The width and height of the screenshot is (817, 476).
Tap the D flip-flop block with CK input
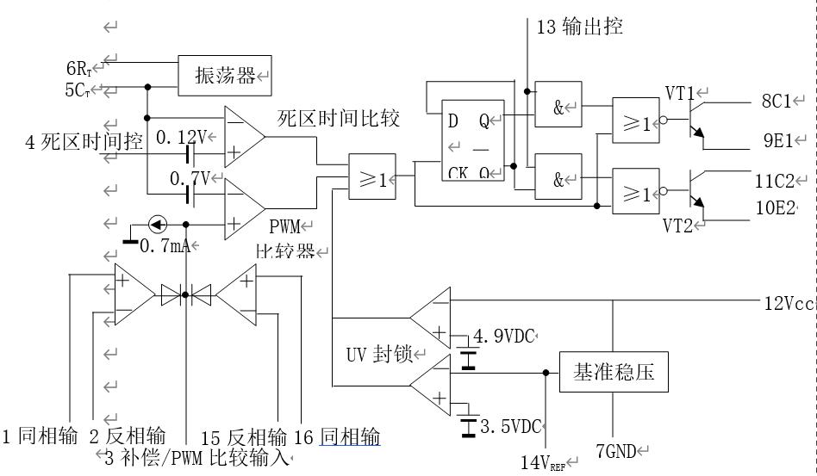point(471,139)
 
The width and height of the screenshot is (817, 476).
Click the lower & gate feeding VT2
point(558,179)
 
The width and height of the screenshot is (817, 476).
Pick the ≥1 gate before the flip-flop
point(371,178)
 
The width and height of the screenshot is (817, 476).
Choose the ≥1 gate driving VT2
point(634,194)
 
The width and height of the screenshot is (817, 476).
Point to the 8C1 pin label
point(775,102)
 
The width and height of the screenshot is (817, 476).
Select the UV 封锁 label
point(378,354)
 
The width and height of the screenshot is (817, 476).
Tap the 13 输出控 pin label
point(579,27)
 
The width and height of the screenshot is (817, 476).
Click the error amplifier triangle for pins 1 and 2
point(132,295)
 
